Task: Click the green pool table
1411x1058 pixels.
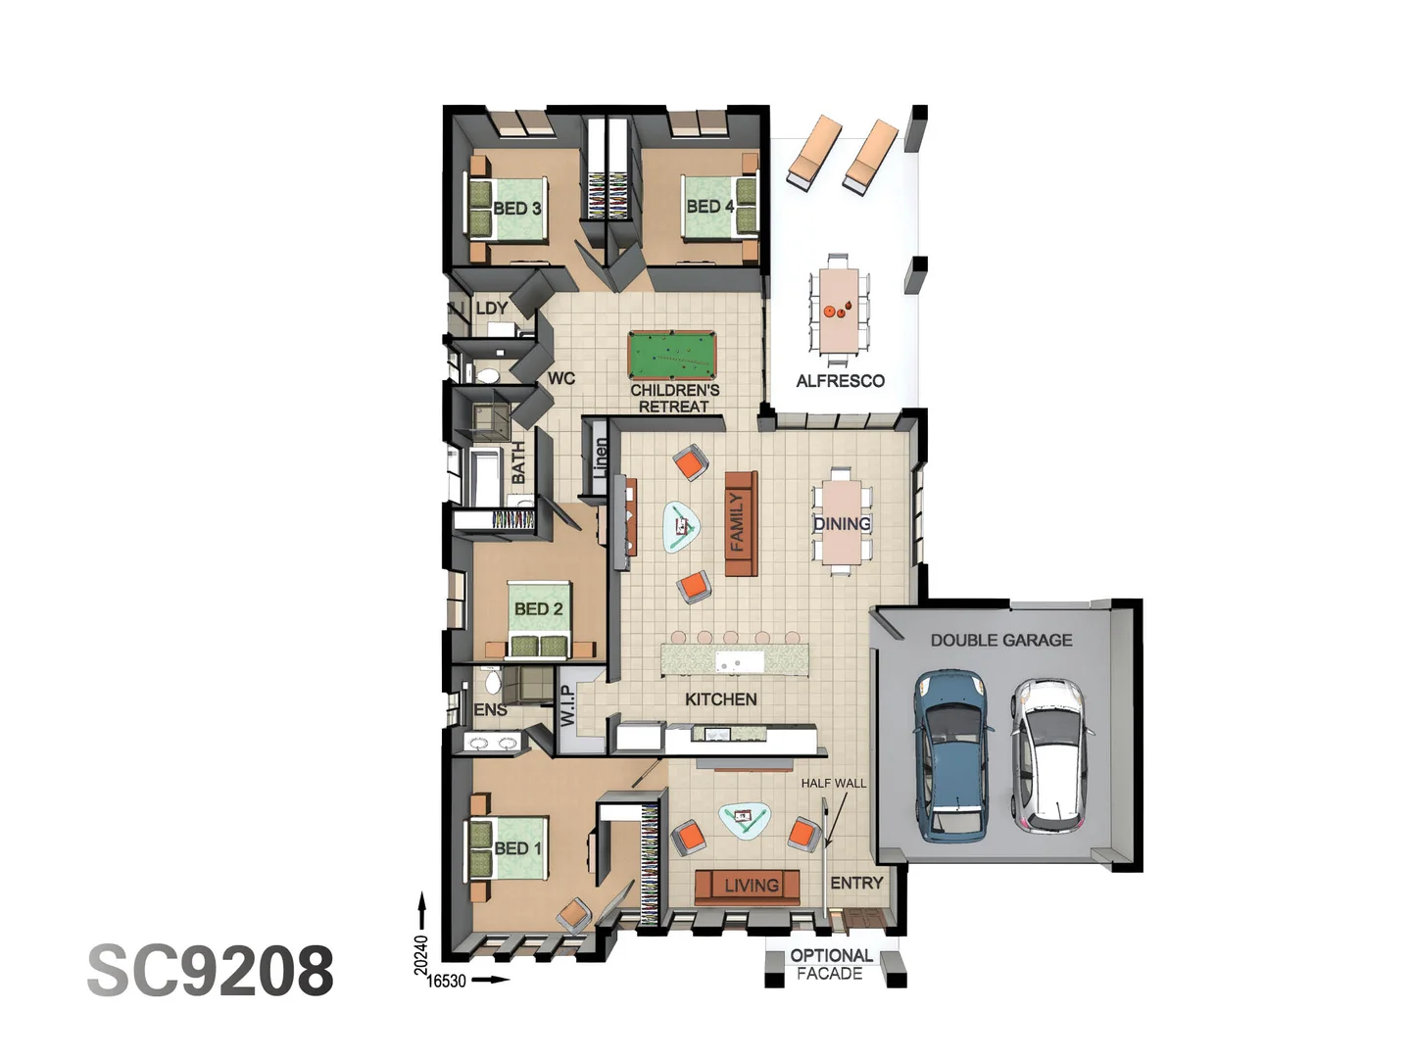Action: click(672, 356)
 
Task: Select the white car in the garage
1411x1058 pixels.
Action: click(1048, 752)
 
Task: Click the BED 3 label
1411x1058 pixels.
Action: click(516, 208)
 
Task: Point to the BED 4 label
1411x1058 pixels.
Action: click(709, 206)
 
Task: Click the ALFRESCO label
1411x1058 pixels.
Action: click(840, 380)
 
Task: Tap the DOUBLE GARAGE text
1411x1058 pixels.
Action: click(1000, 640)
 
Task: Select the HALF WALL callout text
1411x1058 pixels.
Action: click(833, 783)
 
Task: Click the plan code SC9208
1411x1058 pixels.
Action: click(211, 971)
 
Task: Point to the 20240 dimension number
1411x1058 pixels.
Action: click(421, 954)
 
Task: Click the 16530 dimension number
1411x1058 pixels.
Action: click(447, 981)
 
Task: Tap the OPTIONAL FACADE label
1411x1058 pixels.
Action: click(831, 964)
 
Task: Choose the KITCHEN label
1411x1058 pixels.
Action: click(720, 698)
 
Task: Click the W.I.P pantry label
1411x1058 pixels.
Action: click(568, 704)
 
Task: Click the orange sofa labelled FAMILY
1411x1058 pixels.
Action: click(740, 524)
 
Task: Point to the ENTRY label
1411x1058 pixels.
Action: click(856, 883)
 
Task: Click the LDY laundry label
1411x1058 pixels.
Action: click(491, 308)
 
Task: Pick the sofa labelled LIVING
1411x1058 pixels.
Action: click(749, 886)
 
